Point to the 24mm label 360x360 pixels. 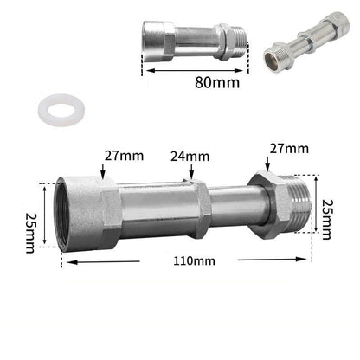click(190, 157)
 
